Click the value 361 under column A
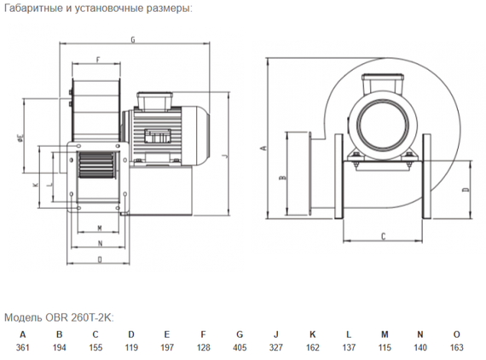[23, 347]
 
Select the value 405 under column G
[240, 347]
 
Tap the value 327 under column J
[276, 347]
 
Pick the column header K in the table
[312, 334]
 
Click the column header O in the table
[456, 334]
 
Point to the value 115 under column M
[385, 347]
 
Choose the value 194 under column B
[59, 347]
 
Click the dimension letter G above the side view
[133, 39]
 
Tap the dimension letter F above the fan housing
[98, 59]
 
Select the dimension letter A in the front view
[264, 148]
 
